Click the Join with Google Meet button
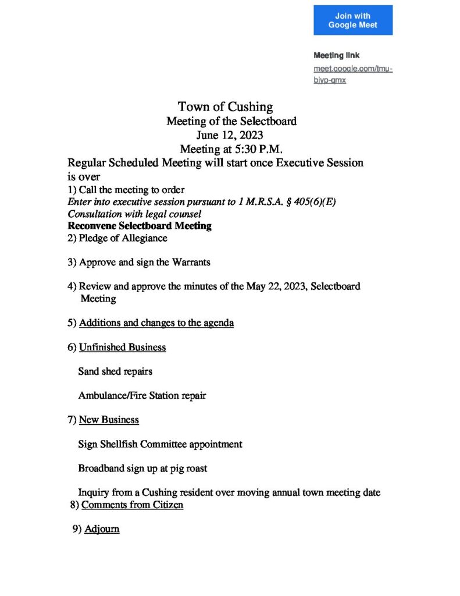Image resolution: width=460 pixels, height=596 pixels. (353, 20)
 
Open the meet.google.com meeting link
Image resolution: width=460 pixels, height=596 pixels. (353, 74)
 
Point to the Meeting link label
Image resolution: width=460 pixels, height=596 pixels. (337, 56)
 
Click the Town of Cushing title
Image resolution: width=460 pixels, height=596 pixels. (225, 107)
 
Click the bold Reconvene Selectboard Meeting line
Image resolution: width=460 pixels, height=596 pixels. (140, 226)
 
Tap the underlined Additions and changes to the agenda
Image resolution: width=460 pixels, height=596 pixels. (156, 323)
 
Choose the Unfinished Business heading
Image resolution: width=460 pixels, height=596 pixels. (122, 347)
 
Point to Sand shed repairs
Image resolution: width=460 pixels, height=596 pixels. (115, 371)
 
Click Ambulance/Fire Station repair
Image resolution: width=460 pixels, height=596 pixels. (142, 396)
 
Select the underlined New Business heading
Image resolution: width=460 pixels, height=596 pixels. (109, 420)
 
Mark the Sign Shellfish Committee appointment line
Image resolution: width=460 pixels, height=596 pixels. (160, 444)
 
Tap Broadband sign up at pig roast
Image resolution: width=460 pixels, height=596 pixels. (142, 468)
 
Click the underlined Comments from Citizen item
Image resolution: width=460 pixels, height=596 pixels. (132, 505)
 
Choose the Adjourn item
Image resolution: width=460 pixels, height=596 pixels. (102, 530)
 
